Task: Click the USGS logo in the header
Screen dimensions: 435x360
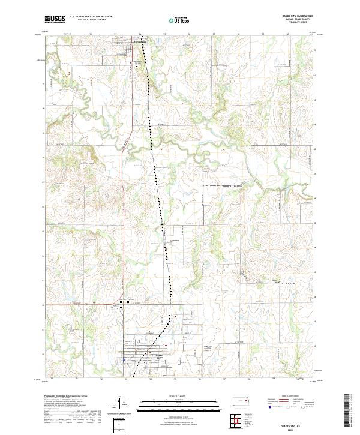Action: (55, 19)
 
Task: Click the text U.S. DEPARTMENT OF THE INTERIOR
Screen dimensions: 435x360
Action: (91, 17)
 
